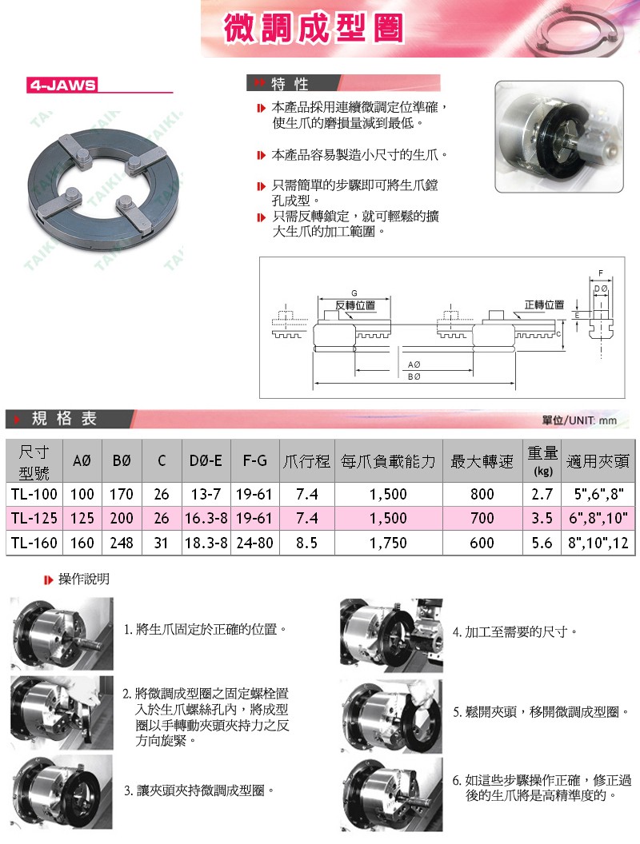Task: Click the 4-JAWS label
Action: click(x=62, y=85)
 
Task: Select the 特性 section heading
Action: click(x=290, y=84)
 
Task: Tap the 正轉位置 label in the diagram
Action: click(x=544, y=305)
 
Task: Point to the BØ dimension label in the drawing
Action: click(x=414, y=376)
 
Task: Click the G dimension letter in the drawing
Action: click(x=354, y=292)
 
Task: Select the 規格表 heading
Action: click(x=64, y=418)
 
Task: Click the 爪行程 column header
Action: click(x=306, y=461)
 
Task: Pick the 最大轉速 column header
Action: click(x=482, y=461)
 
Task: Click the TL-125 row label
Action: click(x=34, y=518)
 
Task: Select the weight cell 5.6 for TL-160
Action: click(x=542, y=543)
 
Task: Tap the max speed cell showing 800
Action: click(x=482, y=494)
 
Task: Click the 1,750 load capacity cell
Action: click(x=388, y=543)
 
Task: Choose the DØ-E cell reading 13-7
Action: click(x=206, y=494)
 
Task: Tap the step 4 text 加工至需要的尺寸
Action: click(x=515, y=631)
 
